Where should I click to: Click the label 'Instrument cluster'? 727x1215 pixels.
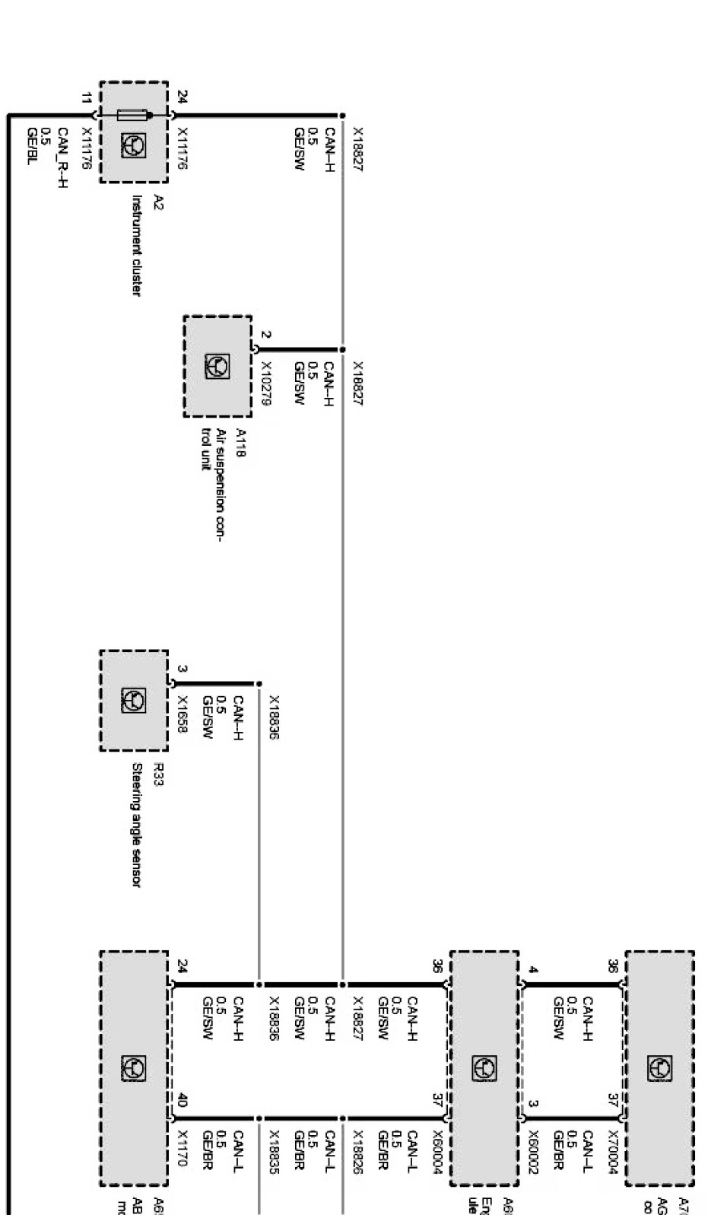point(136,245)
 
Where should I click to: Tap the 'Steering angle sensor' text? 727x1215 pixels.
point(136,825)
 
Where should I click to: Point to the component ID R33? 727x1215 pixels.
point(158,774)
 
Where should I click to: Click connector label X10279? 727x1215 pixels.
point(265,383)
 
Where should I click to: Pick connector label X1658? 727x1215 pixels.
point(182,714)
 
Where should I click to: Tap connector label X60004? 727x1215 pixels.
point(437,1152)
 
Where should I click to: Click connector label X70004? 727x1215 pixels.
point(612,1152)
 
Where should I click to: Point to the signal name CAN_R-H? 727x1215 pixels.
point(62,157)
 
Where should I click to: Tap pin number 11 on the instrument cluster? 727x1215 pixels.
point(86,97)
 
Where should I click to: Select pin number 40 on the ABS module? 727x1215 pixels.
point(182,1100)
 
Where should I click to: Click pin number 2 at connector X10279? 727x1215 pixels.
point(265,334)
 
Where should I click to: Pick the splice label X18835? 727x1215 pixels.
point(274,1151)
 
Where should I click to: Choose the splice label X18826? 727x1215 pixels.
point(357,1151)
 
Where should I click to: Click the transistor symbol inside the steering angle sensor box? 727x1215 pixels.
point(134,700)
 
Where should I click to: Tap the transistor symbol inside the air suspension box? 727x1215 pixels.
point(217,367)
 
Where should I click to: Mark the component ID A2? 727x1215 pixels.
point(158,202)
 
